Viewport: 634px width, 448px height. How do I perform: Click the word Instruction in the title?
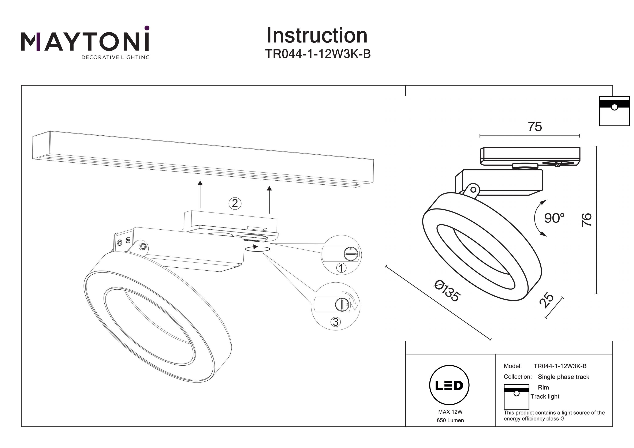click(317, 36)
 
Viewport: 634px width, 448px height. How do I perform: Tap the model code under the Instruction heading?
click(318, 54)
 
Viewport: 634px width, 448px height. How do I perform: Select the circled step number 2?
click(235, 203)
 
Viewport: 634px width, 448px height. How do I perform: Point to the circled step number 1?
click(341, 268)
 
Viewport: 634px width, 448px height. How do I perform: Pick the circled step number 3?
click(336, 322)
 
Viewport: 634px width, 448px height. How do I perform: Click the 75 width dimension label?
click(535, 127)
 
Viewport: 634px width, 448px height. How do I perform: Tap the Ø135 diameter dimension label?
click(447, 291)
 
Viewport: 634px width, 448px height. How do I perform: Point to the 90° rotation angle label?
click(554, 218)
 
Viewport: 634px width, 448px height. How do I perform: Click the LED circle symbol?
click(449, 385)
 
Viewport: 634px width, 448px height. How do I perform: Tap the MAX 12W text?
click(450, 412)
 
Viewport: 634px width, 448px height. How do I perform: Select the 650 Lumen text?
click(450, 420)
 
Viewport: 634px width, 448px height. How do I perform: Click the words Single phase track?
click(563, 377)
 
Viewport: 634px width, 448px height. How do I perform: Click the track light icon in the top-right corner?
click(614, 111)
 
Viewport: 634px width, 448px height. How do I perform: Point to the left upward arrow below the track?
click(200, 195)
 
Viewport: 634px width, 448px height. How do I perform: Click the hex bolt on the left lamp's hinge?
click(143, 246)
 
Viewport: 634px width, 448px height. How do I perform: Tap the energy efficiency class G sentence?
click(554, 416)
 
